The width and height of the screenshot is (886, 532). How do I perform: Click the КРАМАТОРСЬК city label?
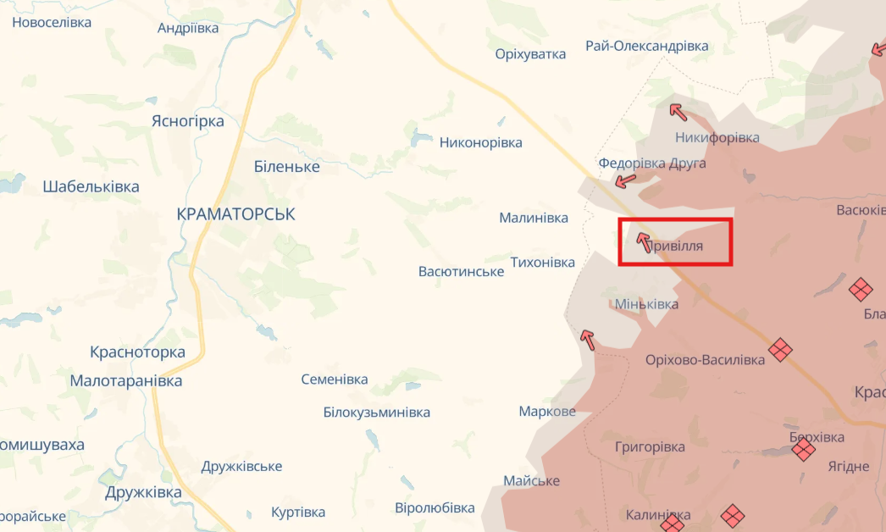pos(236,214)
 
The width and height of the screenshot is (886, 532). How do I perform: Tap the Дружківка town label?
pos(143,492)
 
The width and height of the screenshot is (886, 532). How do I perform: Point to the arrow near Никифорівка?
pos(677,111)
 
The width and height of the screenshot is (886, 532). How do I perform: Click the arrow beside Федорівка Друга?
pos(625,180)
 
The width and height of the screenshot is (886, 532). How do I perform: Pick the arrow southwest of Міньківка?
pos(587,340)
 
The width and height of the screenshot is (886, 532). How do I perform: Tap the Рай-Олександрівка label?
pos(647,46)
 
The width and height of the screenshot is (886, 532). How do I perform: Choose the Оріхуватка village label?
pos(530,54)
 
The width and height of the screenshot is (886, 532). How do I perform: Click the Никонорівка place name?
pos(481,142)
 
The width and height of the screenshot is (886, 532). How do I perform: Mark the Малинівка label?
pos(534,218)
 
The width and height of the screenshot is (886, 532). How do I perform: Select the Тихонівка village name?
pos(543,263)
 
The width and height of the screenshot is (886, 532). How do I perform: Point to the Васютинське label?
pos(461,271)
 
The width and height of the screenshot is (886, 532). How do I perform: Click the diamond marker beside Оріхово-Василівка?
pos(780,349)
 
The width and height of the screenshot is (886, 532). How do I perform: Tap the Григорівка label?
pos(650,446)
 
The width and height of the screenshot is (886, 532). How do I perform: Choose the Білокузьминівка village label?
pos(376,413)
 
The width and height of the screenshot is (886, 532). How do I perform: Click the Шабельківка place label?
pos(91,187)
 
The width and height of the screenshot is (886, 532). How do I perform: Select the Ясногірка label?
pos(187,121)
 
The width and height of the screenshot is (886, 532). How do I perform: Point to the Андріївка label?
pos(188,28)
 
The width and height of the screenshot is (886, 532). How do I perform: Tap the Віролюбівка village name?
pos(435,508)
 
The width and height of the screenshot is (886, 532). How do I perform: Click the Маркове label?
pos(547,412)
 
